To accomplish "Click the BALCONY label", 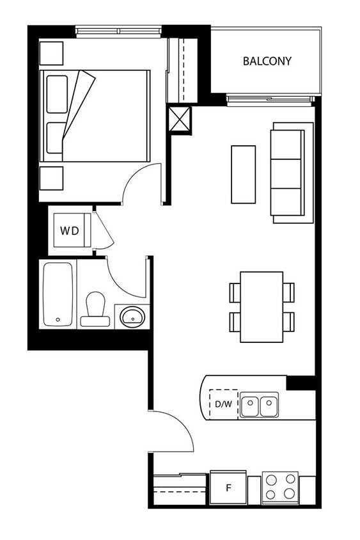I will pyautogui.click(x=267, y=61).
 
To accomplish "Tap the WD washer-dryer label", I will pyautogui.click(x=70, y=231).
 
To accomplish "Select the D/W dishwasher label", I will pyautogui.click(x=223, y=404).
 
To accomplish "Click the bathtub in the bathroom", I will pyautogui.click(x=58, y=294).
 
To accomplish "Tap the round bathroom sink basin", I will pyautogui.click(x=133, y=316).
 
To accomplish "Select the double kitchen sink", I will pyautogui.click(x=259, y=406).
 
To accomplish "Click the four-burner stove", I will pyautogui.click(x=280, y=487).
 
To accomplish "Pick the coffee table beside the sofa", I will pyautogui.click(x=243, y=174).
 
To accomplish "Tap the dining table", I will pyautogui.click(x=262, y=306).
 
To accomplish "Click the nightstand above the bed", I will pyautogui.click(x=51, y=52).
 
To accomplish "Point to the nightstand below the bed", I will pyautogui.click(x=51, y=177).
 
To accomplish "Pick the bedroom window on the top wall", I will pyautogui.click(x=118, y=29).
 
